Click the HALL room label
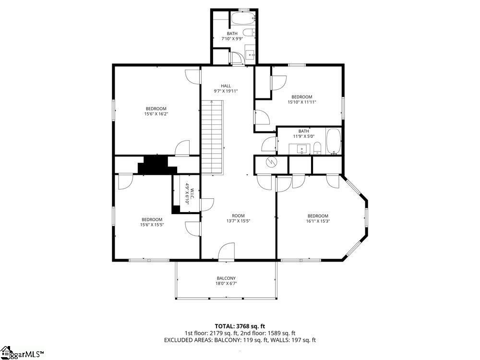tap(226, 86)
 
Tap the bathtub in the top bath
tap(243, 18)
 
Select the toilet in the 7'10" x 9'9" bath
tap(249, 32)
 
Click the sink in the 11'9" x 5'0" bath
tap(301, 149)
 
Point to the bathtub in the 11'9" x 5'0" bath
tap(334, 142)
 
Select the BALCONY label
tap(226, 278)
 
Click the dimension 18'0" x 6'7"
tap(226, 284)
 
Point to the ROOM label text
tap(238, 216)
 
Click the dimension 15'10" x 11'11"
tap(301, 102)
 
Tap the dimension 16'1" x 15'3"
tap(318, 221)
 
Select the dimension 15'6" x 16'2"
tap(156, 114)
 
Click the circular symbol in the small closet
tap(271, 162)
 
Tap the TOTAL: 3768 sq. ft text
tap(240, 326)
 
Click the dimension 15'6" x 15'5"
tap(152, 225)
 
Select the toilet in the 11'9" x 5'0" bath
tap(317, 148)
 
